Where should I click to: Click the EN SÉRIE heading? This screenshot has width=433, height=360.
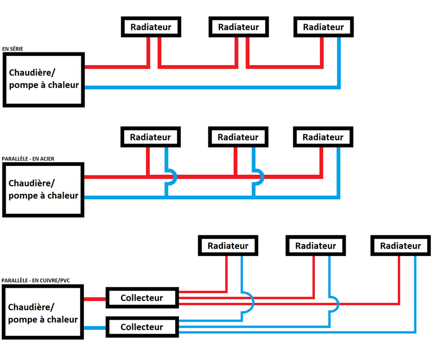coord(13,49)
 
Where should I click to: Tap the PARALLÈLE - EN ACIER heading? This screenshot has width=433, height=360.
coord(28,159)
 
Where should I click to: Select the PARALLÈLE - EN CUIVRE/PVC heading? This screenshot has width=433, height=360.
coord(36,281)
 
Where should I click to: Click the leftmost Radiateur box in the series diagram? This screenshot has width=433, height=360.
coord(151,27)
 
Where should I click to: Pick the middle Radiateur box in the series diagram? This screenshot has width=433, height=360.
coord(239,27)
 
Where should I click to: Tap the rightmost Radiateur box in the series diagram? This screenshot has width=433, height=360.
coord(323,27)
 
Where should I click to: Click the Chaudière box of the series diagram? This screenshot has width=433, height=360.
coord(44,79)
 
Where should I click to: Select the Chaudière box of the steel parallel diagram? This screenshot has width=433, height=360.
coord(43,190)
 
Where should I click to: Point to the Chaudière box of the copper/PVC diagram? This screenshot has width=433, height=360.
coord(43,312)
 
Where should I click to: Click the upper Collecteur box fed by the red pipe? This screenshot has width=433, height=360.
coord(142,298)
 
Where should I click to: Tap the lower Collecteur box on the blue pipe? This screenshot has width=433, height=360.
coord(142,327)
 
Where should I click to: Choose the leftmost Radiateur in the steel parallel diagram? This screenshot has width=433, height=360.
coord(151,137)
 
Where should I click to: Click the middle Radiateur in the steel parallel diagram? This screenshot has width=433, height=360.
coord(238,137)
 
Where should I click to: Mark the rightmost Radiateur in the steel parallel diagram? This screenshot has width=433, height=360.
coord(323,137)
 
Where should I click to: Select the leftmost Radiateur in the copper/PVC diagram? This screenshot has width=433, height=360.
coord(228,245)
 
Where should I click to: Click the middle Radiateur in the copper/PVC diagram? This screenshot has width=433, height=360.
coord(316,245)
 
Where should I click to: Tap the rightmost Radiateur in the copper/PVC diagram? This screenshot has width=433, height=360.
coord(401,245)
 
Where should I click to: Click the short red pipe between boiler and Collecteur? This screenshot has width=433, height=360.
coord(95,299)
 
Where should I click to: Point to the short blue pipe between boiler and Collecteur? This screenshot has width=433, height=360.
coord(95,328)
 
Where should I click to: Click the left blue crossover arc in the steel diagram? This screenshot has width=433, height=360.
coord(175,177)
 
